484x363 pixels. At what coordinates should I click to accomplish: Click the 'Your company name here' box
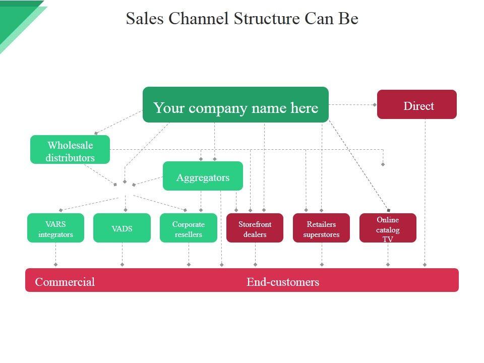235,105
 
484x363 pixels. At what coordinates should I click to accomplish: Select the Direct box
417,104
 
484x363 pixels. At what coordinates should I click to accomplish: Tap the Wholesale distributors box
70,149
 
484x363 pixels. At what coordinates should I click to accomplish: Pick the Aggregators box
203,176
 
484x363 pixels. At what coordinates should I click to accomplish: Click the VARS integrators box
55,228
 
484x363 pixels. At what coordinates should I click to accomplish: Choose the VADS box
122,228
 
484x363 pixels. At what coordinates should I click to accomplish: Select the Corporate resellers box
188,228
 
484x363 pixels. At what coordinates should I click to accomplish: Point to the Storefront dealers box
255,228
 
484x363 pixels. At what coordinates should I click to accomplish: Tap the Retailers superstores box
321,228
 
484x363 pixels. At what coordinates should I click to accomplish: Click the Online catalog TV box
388,228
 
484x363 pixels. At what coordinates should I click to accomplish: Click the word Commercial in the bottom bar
65,282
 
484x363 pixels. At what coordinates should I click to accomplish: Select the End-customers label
283,282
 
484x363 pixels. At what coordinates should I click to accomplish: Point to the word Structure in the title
266,18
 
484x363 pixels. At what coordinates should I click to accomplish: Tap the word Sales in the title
145,18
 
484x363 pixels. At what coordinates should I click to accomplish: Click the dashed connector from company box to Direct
352,105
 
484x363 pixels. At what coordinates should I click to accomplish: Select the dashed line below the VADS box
122,254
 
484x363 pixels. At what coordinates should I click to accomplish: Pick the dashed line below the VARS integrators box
55,254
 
